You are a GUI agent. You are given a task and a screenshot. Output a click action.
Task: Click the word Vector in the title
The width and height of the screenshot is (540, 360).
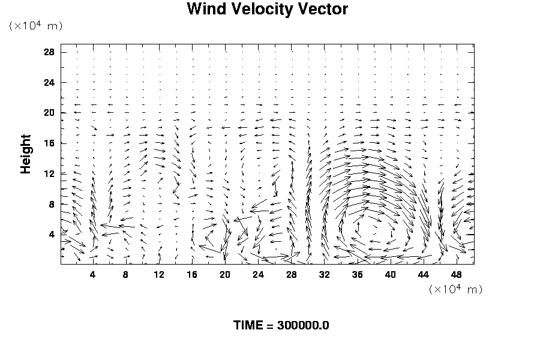(325, 10)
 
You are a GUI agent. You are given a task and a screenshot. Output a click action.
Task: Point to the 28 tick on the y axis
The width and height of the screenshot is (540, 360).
(49, 52)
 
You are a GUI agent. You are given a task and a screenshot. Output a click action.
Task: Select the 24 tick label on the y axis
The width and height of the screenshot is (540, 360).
(49, 82)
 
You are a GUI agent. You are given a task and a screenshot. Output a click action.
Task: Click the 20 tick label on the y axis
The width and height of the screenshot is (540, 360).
(49, 113)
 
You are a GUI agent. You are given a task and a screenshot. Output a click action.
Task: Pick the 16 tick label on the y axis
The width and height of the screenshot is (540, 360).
(49, 143)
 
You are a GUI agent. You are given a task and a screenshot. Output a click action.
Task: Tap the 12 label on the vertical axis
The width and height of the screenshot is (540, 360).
(49, 173)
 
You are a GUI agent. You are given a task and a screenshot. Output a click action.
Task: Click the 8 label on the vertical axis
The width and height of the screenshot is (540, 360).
(52, 204)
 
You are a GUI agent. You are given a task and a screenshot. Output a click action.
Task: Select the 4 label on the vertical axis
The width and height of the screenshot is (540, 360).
(52, 234)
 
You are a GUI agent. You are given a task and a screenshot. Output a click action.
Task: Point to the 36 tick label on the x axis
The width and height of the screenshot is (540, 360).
(358, 275)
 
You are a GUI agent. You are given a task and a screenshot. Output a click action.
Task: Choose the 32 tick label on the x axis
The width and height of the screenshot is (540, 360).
(325, 275)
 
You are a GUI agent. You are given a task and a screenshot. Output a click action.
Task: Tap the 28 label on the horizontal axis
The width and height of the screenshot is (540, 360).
(292, 275)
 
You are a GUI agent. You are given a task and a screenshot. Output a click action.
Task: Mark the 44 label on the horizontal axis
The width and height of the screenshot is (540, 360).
(424, 275)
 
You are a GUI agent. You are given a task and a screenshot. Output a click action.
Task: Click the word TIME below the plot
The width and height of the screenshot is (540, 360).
(248, 326)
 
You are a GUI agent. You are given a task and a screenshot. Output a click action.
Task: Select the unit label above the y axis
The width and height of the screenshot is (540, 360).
(35, 26)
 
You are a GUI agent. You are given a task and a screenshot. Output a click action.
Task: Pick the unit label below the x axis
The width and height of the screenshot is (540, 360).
(455, 289)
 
